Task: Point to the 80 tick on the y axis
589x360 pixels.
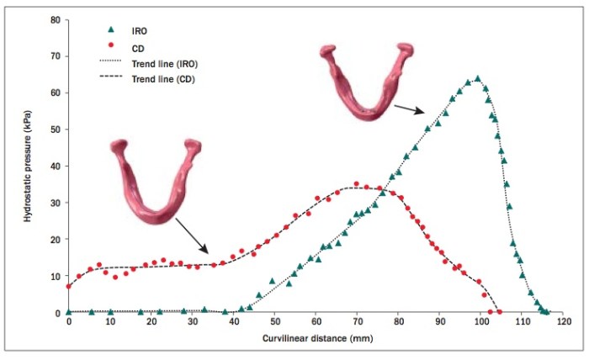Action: pos(54,19)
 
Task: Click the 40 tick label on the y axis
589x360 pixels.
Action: pos(54,166)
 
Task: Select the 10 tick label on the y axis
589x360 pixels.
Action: pos(54,276)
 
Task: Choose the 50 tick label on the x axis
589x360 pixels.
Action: pos(274,321)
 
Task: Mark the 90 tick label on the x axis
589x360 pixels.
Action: pos(439,321)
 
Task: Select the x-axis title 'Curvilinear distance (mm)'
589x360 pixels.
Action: pos(316,337)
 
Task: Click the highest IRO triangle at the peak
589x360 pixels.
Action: pos(478,78)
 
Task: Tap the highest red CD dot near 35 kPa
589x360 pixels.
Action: pos(356,184)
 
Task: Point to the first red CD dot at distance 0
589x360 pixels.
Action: pos(69,286)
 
